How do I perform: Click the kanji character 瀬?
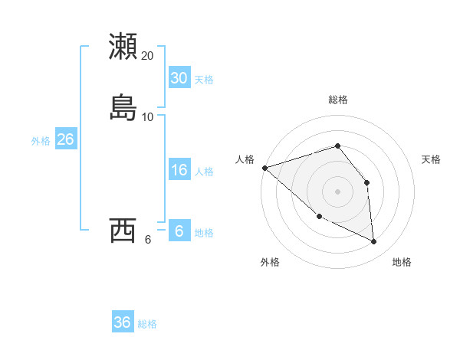tap(123, 47)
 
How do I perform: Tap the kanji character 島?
tap(123, 107)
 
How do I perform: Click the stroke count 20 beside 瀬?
tap(148, 56)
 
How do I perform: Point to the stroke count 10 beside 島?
tap(148, 116)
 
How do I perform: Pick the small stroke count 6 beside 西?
tap(148, 238)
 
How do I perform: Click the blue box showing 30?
tap(179, 77)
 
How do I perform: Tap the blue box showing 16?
tap(179, 170)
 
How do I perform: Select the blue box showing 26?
tap(65, 139)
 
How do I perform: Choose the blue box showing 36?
tap(122, 322)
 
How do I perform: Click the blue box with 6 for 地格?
tap(179, 231)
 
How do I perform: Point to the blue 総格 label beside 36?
tap(147, 324)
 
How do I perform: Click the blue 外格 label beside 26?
tap(41, 141)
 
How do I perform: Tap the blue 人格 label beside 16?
tap(204, 172)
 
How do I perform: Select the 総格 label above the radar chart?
tap(337, 100)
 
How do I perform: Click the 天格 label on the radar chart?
tap(432, 159)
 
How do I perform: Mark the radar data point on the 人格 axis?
tap(264, 168)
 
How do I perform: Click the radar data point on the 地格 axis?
tap(374, 241)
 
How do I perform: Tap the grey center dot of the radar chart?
tap(337, 191)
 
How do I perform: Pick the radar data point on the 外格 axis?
tap(319, 216)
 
